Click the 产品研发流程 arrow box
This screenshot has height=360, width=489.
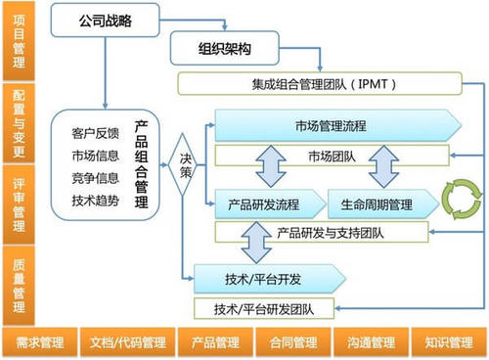click(262, 204)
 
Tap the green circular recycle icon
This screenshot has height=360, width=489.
click(455, 198)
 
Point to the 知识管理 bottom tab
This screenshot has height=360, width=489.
click(449, 343)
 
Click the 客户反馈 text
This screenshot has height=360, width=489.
click(96, 132)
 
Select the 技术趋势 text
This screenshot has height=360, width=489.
click(96, 200)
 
